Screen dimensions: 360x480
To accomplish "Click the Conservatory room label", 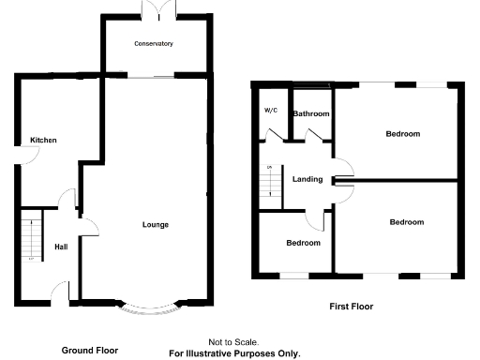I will (154, 44).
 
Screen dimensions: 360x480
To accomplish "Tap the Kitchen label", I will (43, 141).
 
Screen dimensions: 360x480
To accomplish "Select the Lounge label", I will (155, 224).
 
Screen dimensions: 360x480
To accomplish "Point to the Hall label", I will (61, 247).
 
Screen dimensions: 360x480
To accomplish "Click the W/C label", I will (270, 111).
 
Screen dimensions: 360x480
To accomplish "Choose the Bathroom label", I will (312, 114).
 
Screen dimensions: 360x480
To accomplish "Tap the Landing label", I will (307, 179).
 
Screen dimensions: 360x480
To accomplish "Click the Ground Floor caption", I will (90, 350).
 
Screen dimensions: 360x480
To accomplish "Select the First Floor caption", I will (352, 306).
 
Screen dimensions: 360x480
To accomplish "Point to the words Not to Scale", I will (233, 342).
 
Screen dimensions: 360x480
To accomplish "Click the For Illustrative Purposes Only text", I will (233, 353).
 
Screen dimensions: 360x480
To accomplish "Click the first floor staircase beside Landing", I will (270, 179).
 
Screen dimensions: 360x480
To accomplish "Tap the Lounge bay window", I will (146, 307).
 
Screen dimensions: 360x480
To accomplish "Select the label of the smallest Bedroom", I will (303, 243).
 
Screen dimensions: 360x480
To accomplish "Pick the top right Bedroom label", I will (403, 134).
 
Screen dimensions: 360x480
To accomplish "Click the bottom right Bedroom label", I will (407, 222).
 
